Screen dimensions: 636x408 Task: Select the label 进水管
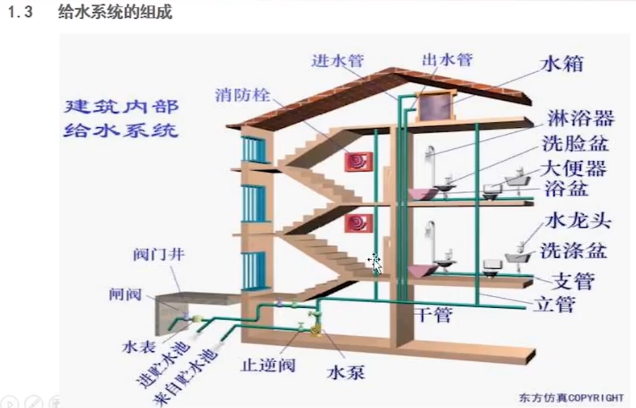pos(337,61)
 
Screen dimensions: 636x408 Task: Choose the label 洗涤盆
pos(573,250)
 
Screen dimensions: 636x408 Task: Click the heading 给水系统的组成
pos(115,12)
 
